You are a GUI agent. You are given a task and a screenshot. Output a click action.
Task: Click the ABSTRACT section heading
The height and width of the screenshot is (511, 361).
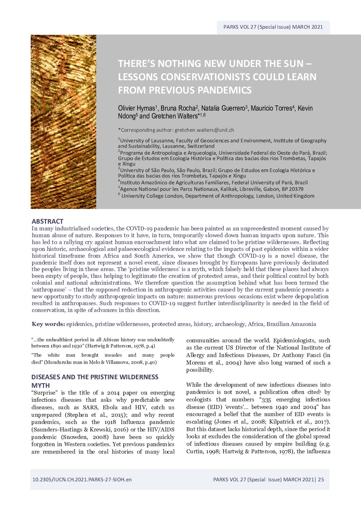(47, 221)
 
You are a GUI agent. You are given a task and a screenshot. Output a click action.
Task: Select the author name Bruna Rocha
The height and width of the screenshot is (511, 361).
(178, 108)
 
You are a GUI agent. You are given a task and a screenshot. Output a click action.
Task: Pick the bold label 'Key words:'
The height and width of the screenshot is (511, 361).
(48, 324)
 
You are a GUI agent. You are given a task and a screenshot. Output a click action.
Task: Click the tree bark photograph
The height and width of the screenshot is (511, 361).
(63, 122)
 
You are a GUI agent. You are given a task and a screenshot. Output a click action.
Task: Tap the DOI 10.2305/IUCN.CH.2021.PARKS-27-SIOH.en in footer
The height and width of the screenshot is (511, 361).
(82, 479)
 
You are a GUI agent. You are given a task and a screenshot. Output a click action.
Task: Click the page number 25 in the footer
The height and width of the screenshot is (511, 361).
(321, 479)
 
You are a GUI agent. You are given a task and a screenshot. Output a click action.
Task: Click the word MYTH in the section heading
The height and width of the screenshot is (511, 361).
(41, 385)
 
